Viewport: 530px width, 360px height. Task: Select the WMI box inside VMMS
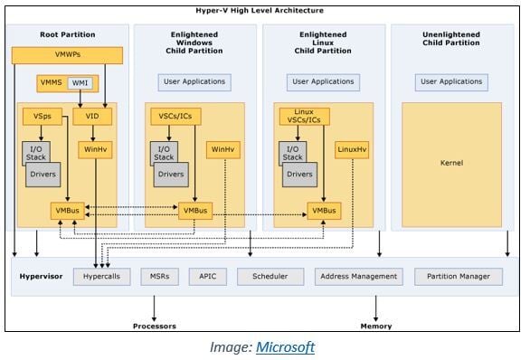(80, 84)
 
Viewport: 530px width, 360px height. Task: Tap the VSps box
(43, 117)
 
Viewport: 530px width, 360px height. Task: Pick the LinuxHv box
(350, 149)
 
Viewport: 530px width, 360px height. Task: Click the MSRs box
(158, 276)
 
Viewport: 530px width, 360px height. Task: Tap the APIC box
(207, 276)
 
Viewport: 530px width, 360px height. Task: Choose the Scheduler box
(270, 276)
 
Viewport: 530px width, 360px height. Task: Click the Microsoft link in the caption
(285, 346)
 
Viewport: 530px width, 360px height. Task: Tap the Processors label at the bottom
(155, 326)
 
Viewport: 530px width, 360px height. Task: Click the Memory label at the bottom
(375, 326)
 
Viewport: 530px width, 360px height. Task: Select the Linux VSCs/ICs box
(299, 117)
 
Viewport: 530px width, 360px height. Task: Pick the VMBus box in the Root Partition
(67, 211)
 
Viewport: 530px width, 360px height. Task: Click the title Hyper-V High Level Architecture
(264, 11)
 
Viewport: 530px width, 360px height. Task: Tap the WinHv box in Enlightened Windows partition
(222, 149)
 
